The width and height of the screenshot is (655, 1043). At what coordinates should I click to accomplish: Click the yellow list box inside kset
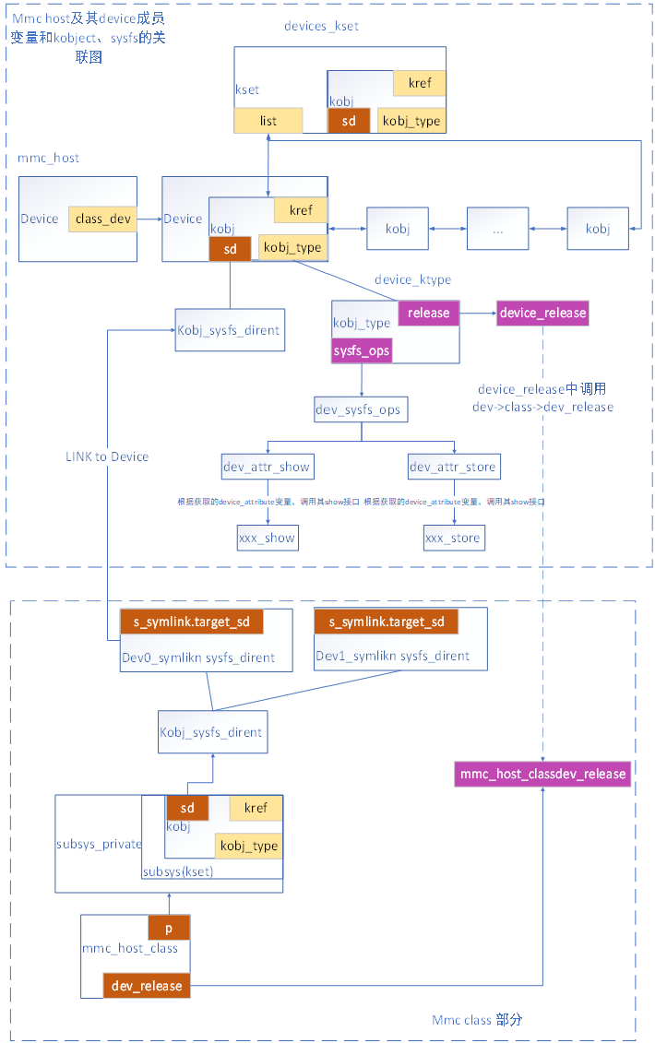[268, 121]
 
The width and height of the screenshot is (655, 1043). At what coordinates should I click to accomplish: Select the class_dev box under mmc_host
[101, 219]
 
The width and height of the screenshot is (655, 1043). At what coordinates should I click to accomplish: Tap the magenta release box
[428, 313]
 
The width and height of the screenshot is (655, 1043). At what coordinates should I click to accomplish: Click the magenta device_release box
[542, 313]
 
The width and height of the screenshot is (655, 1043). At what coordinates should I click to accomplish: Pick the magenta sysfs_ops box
[361, 350]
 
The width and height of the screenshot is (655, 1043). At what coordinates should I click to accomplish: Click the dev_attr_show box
[267, 467]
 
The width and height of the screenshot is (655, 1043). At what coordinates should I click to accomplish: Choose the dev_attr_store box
[452, 467]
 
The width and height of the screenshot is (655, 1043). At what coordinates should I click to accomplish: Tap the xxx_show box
[267, 538]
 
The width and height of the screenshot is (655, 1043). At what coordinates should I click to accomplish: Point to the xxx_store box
[452, 538]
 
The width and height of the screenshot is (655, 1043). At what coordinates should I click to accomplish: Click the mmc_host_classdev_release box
[542, 774]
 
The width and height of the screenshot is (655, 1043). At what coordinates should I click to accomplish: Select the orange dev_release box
[147, 986]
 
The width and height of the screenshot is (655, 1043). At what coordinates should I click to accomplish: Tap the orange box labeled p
[169, 928]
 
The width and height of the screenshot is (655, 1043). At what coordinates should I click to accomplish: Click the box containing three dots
[497, 229]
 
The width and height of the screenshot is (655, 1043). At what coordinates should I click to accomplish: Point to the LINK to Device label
[107, 456]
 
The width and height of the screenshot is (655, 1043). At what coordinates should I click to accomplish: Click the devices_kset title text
[321, 26]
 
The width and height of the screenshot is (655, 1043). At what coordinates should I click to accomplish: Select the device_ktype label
[412, 279]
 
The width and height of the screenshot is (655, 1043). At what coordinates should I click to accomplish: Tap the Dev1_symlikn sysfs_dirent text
[392, 656]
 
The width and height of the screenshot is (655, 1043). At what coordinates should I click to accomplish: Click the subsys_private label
[98, 844]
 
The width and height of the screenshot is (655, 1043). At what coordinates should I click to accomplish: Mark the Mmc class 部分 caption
[477, 1020]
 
